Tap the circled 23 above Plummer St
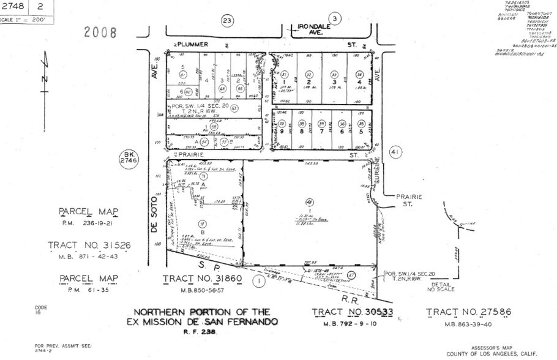(228, 21)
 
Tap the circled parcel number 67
(234, 108)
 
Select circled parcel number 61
(182, 74)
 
